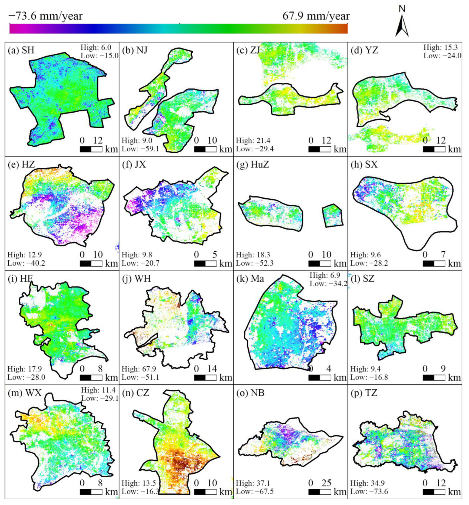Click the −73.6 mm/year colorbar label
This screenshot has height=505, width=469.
(x=46, y=16)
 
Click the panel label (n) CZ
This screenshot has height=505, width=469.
(x=136, y=393)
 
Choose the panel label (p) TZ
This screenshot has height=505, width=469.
(x=364, y=393)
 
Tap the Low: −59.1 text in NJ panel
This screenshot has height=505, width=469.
(x=140, y=149)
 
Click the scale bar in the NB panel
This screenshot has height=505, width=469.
(x=319, y=492)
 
